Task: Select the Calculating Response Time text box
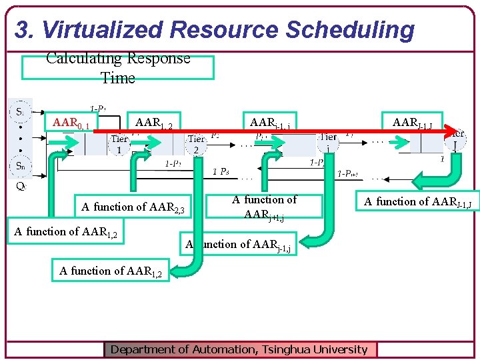point(118,68)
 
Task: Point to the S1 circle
point(21,111)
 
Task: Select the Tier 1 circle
point(119,144)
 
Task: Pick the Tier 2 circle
point(195,144)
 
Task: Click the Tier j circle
point(328,141)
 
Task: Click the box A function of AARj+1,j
point(265,207)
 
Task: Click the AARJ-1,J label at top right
point(413,123)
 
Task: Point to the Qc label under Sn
point(21,186)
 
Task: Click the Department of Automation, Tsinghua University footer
point(239,349)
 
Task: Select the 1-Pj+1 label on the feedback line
point(348,174)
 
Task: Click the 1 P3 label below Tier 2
point(221,172)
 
